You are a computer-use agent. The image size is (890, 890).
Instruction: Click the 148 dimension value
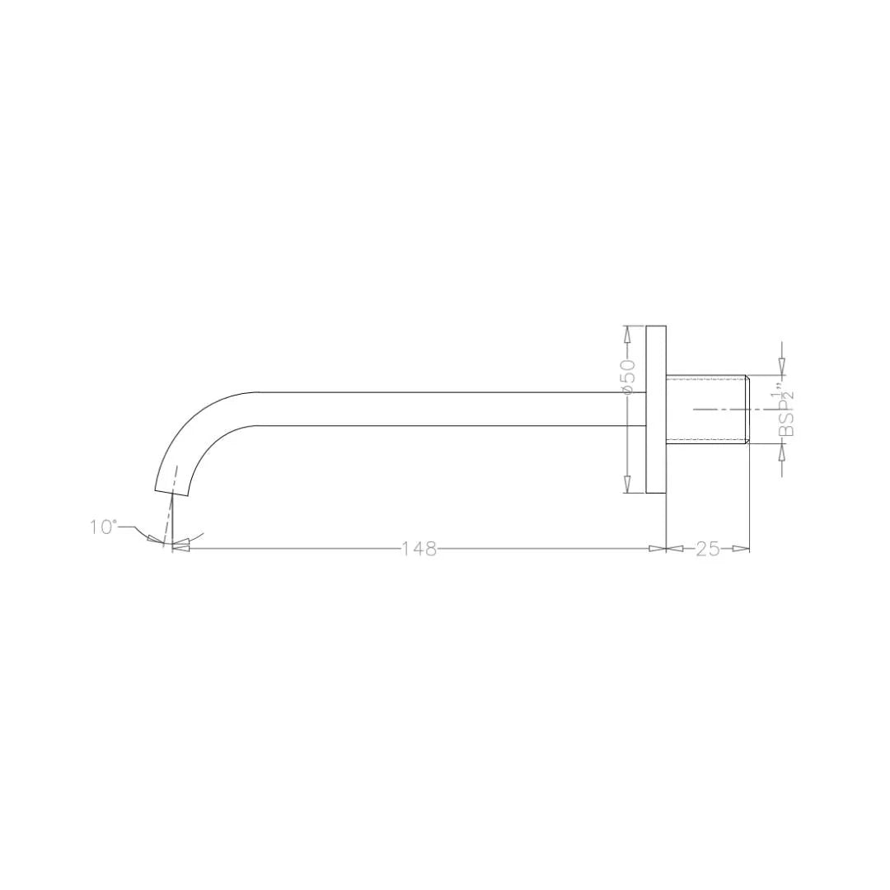(x=419, y=549)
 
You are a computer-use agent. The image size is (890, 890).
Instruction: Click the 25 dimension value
(x=708, y=549)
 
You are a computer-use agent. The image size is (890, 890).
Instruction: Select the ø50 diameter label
(x=628, y=375)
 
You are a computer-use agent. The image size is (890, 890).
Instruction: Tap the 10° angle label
(x=103, y=527)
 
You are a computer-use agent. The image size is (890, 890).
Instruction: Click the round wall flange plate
(x=656, y=410)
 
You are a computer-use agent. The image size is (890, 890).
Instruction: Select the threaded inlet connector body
(x=705, y=409)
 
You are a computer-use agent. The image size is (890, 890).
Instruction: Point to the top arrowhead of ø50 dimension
(x=628, y=335)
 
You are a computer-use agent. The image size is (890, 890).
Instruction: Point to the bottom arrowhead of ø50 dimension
(x=628, y=485)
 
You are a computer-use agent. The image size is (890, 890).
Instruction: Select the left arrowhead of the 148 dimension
(x=180, y=547)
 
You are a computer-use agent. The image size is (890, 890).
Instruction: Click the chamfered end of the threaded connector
(x=747, y=409)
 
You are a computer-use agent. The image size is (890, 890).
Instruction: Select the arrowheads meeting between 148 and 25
(x=666, y=549)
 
